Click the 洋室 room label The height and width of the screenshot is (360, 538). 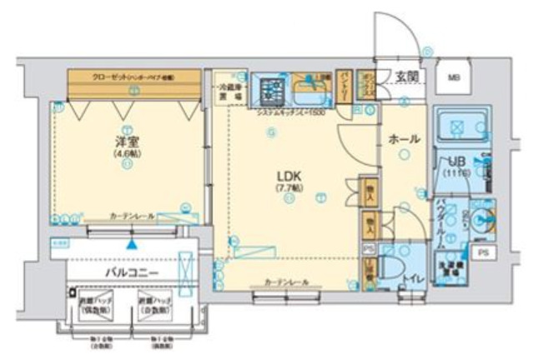click(x=123, y=142)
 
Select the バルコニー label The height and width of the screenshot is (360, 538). click(x=130, y=272)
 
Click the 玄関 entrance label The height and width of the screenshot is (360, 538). click(x=407, y=77)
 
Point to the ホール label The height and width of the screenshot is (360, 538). click(x=404, y=139)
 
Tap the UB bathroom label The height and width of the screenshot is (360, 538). click(x=456, y=162)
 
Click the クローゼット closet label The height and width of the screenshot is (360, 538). click(x=133, y=77)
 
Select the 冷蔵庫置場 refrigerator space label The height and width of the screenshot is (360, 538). click(x=231, y=90)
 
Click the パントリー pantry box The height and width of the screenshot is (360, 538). click(x=343, y=85)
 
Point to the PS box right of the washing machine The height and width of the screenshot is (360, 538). click(x=481, y=251)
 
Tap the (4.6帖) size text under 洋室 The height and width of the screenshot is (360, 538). click(x=123, y=155)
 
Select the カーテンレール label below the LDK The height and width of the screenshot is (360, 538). click(x=288, y=282)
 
